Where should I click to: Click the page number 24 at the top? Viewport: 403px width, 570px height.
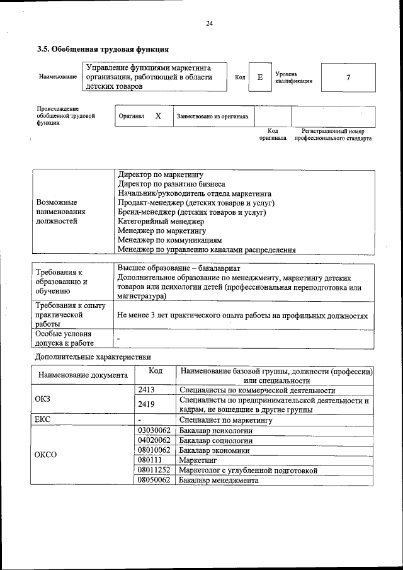pyautogui.click(x=210, y=24)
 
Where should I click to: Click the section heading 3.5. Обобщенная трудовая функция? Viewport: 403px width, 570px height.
pyautogui.click(x=103, y=48)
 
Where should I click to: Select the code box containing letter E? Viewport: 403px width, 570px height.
pyautogui.click(x=259, y=77)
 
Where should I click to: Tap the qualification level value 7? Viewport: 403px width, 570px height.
pyautogui.click(x=348, y=77)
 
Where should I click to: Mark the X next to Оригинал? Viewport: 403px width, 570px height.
pyautogui.click(x=158, y=116)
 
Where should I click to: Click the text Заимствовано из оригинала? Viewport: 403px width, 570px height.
pyautogui.click(x=212, y=117)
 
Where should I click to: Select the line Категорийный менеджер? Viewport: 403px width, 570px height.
pyautogui.click(x=161, y=222)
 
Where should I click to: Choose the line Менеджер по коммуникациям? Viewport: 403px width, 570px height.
pyautogui.click(x=170, y=241)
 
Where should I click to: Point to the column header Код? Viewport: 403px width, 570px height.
pyautogui.click(x=156, y=371)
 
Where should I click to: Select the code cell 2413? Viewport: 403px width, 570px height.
pyautogui.click(x=147, y=390)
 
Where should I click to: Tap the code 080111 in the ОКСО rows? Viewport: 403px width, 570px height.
pyautogui.click(x=150, y=460)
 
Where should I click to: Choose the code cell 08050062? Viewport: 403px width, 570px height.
pyautogui.click(x=154, y=480)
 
